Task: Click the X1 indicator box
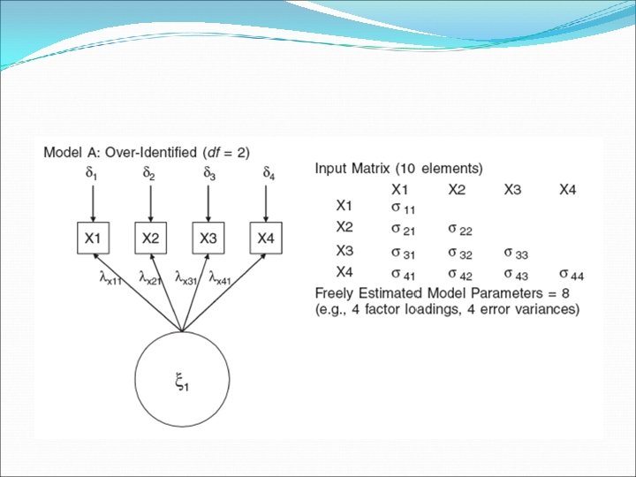(x=93, y=238)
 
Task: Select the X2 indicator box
(x=151, y=238)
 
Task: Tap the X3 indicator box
(x=209, y=238)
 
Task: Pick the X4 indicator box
(x=268, y=238)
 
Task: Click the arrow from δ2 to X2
(x=151, y=203)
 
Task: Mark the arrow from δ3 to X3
(x=209, y=203)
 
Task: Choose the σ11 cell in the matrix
(x=402, y=208)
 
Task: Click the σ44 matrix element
(x=572, y=275)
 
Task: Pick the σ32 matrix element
(x=459, y=253)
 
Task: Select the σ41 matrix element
(x=402, y=275)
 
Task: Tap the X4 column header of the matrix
(x=568, y=189)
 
